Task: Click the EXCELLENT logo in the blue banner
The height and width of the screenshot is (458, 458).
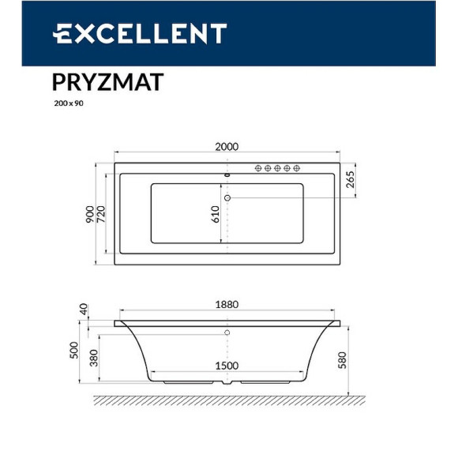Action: click(140, 34)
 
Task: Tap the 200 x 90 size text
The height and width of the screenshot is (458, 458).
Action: click(67, 103)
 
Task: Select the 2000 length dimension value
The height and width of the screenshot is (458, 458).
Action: click(227, 146)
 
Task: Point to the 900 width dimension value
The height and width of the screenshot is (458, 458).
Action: click(90, 214)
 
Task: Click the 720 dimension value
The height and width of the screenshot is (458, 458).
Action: click(101, 214)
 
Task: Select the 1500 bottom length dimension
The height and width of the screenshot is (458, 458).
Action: click(227, 366)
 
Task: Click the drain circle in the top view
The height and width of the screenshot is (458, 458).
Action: click(228, 197)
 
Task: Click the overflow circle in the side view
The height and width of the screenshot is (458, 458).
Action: click(227, 333)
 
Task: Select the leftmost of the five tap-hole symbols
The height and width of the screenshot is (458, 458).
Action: click(258, 168)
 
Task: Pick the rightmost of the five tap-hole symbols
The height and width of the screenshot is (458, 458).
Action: click(298, 168)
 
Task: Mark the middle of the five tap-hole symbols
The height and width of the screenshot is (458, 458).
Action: click(278, 168)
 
